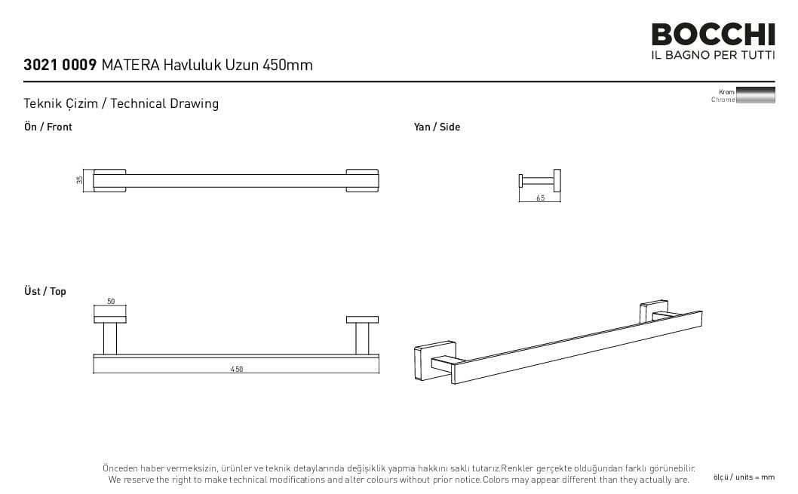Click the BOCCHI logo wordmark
pos(713,35)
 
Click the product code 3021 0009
pos(60,65)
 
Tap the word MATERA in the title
pos(130,65)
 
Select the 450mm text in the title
pos(287,65)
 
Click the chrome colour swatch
pos(756,95)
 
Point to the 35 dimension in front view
pos(79,180)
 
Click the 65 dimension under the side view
pos(541,198)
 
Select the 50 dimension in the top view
pos(111,301)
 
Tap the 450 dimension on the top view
pos(237,370)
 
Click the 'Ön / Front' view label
pos(48,127)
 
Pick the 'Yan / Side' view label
pos(437,127)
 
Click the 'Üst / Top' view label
pos(45,291)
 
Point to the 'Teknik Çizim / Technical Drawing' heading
pos(121,103)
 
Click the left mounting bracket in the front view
pos(109,180)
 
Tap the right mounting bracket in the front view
pos(362,180)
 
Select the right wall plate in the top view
pos(362,320)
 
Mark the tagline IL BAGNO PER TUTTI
pos(713,55)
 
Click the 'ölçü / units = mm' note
pos(744,477)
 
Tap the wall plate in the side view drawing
pos(557,180)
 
